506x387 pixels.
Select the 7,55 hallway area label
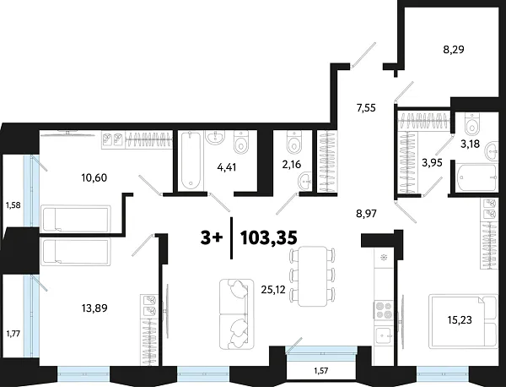[x=368, y=107]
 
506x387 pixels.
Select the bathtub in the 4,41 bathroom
[x=189, y=161]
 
